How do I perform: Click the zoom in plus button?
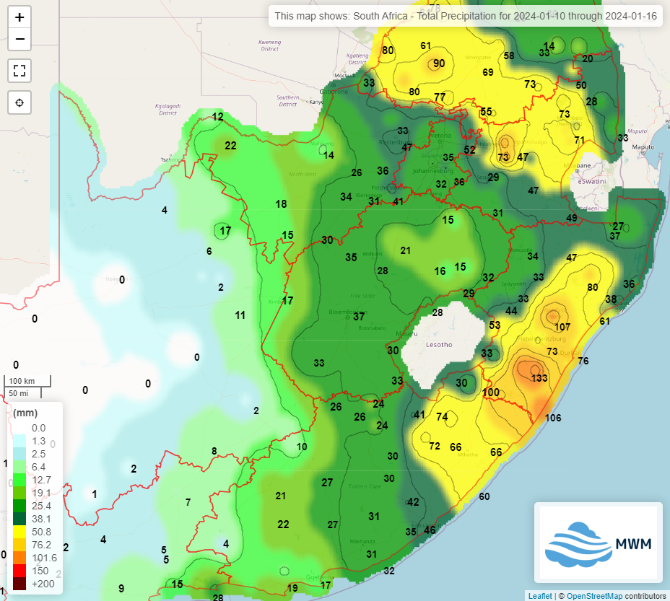19,17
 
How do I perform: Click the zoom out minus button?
19,39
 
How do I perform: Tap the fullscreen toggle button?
19,71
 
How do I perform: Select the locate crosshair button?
19,102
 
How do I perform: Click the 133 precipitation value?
539,379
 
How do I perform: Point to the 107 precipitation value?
562,327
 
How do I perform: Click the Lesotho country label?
439,345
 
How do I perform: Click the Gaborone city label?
334,92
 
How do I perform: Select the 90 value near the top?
439,63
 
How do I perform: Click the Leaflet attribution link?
539,596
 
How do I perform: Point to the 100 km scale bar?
28,381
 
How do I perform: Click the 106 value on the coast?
553,418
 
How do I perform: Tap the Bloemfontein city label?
349,312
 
